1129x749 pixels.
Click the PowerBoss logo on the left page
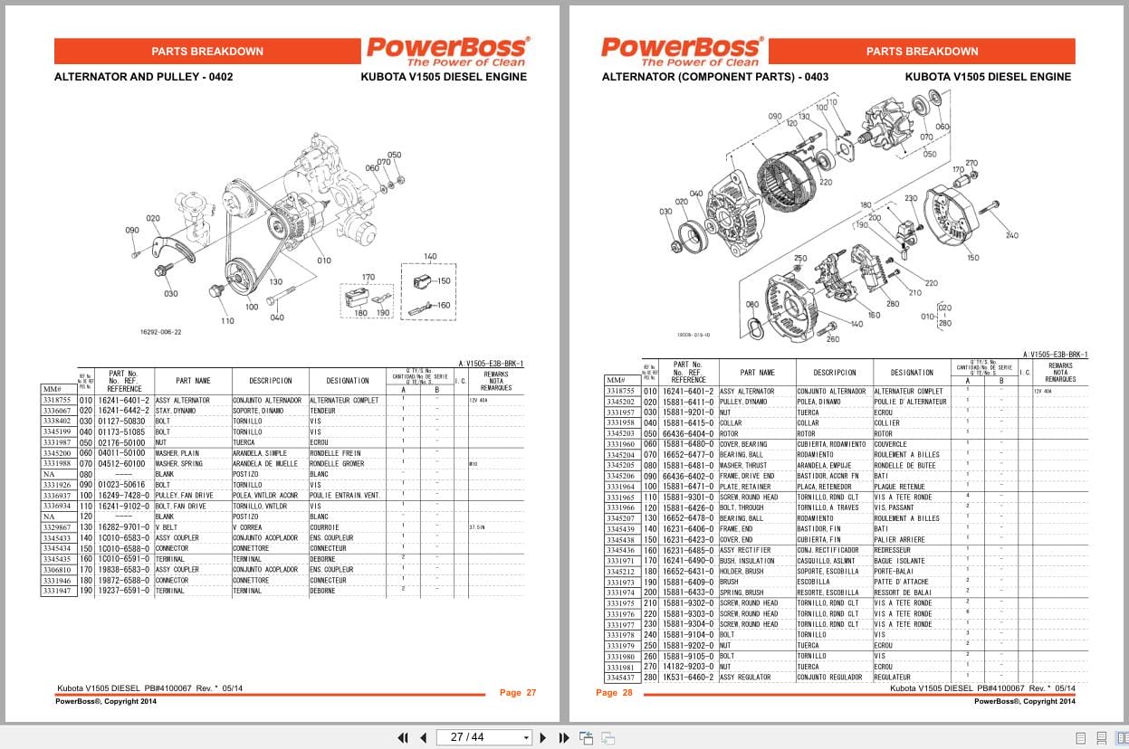click(447, 51)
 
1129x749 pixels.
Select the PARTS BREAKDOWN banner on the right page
click(922, 52)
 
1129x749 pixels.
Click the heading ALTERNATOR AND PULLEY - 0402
click(143, 77)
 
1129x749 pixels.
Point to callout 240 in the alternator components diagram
click(1011, 236)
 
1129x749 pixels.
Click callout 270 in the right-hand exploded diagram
click(971, 164)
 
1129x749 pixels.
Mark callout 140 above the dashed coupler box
click(430, 257)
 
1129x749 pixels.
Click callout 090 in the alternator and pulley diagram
click(132, 231)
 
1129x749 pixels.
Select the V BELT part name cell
click(168, 527)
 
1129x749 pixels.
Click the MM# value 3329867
click(58, 527)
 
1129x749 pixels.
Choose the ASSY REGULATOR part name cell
click(745, 678)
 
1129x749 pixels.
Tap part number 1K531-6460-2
click(688, 678)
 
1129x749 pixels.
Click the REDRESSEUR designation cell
click(893, 550)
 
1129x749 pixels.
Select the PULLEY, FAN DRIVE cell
click(185, 496)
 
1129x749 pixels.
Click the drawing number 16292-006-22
click(161, 332)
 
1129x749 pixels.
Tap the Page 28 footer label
click(607, 693)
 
